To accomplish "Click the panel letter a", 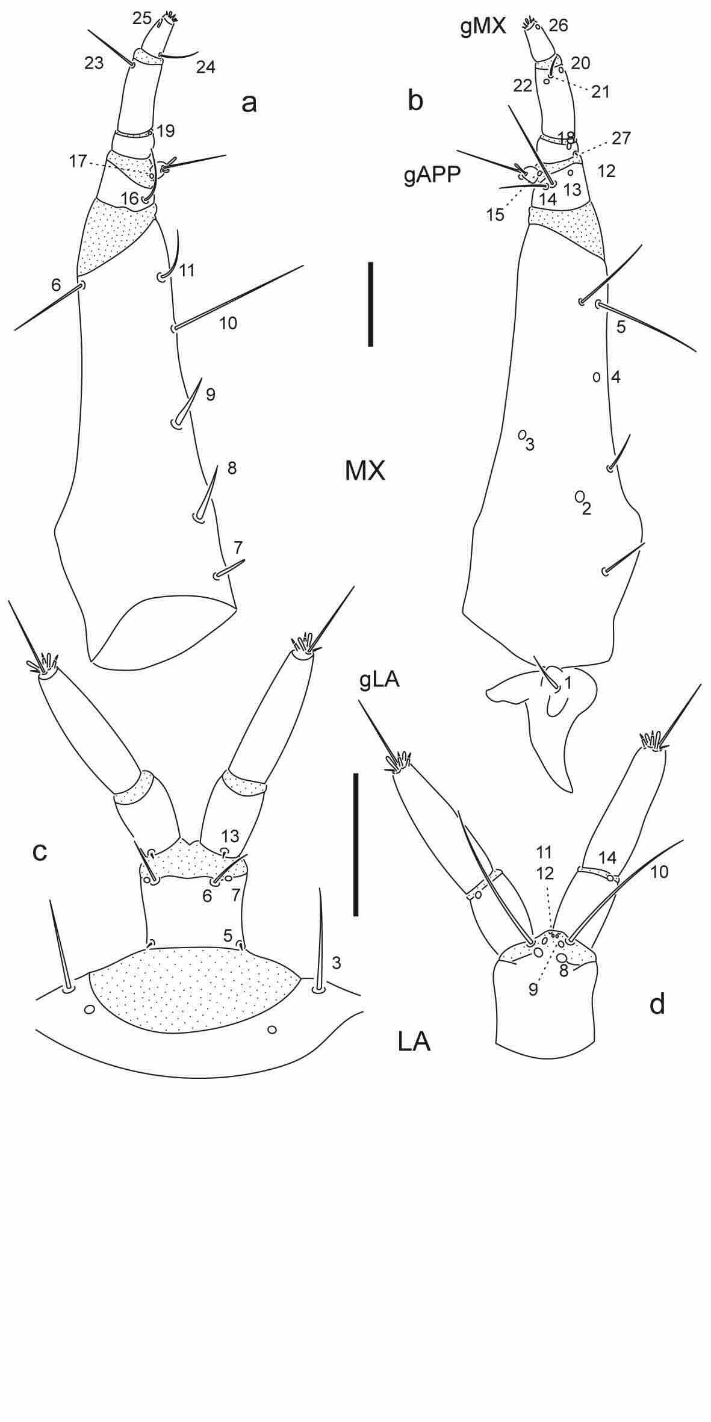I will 249,103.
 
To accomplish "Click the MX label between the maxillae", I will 365,471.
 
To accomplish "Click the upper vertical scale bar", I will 371,304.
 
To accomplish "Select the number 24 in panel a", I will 205,67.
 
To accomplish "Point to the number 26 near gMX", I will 558,25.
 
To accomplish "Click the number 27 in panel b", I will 621,138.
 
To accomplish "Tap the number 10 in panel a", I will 228,323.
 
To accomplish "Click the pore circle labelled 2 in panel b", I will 579,496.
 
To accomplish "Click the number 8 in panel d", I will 564,970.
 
